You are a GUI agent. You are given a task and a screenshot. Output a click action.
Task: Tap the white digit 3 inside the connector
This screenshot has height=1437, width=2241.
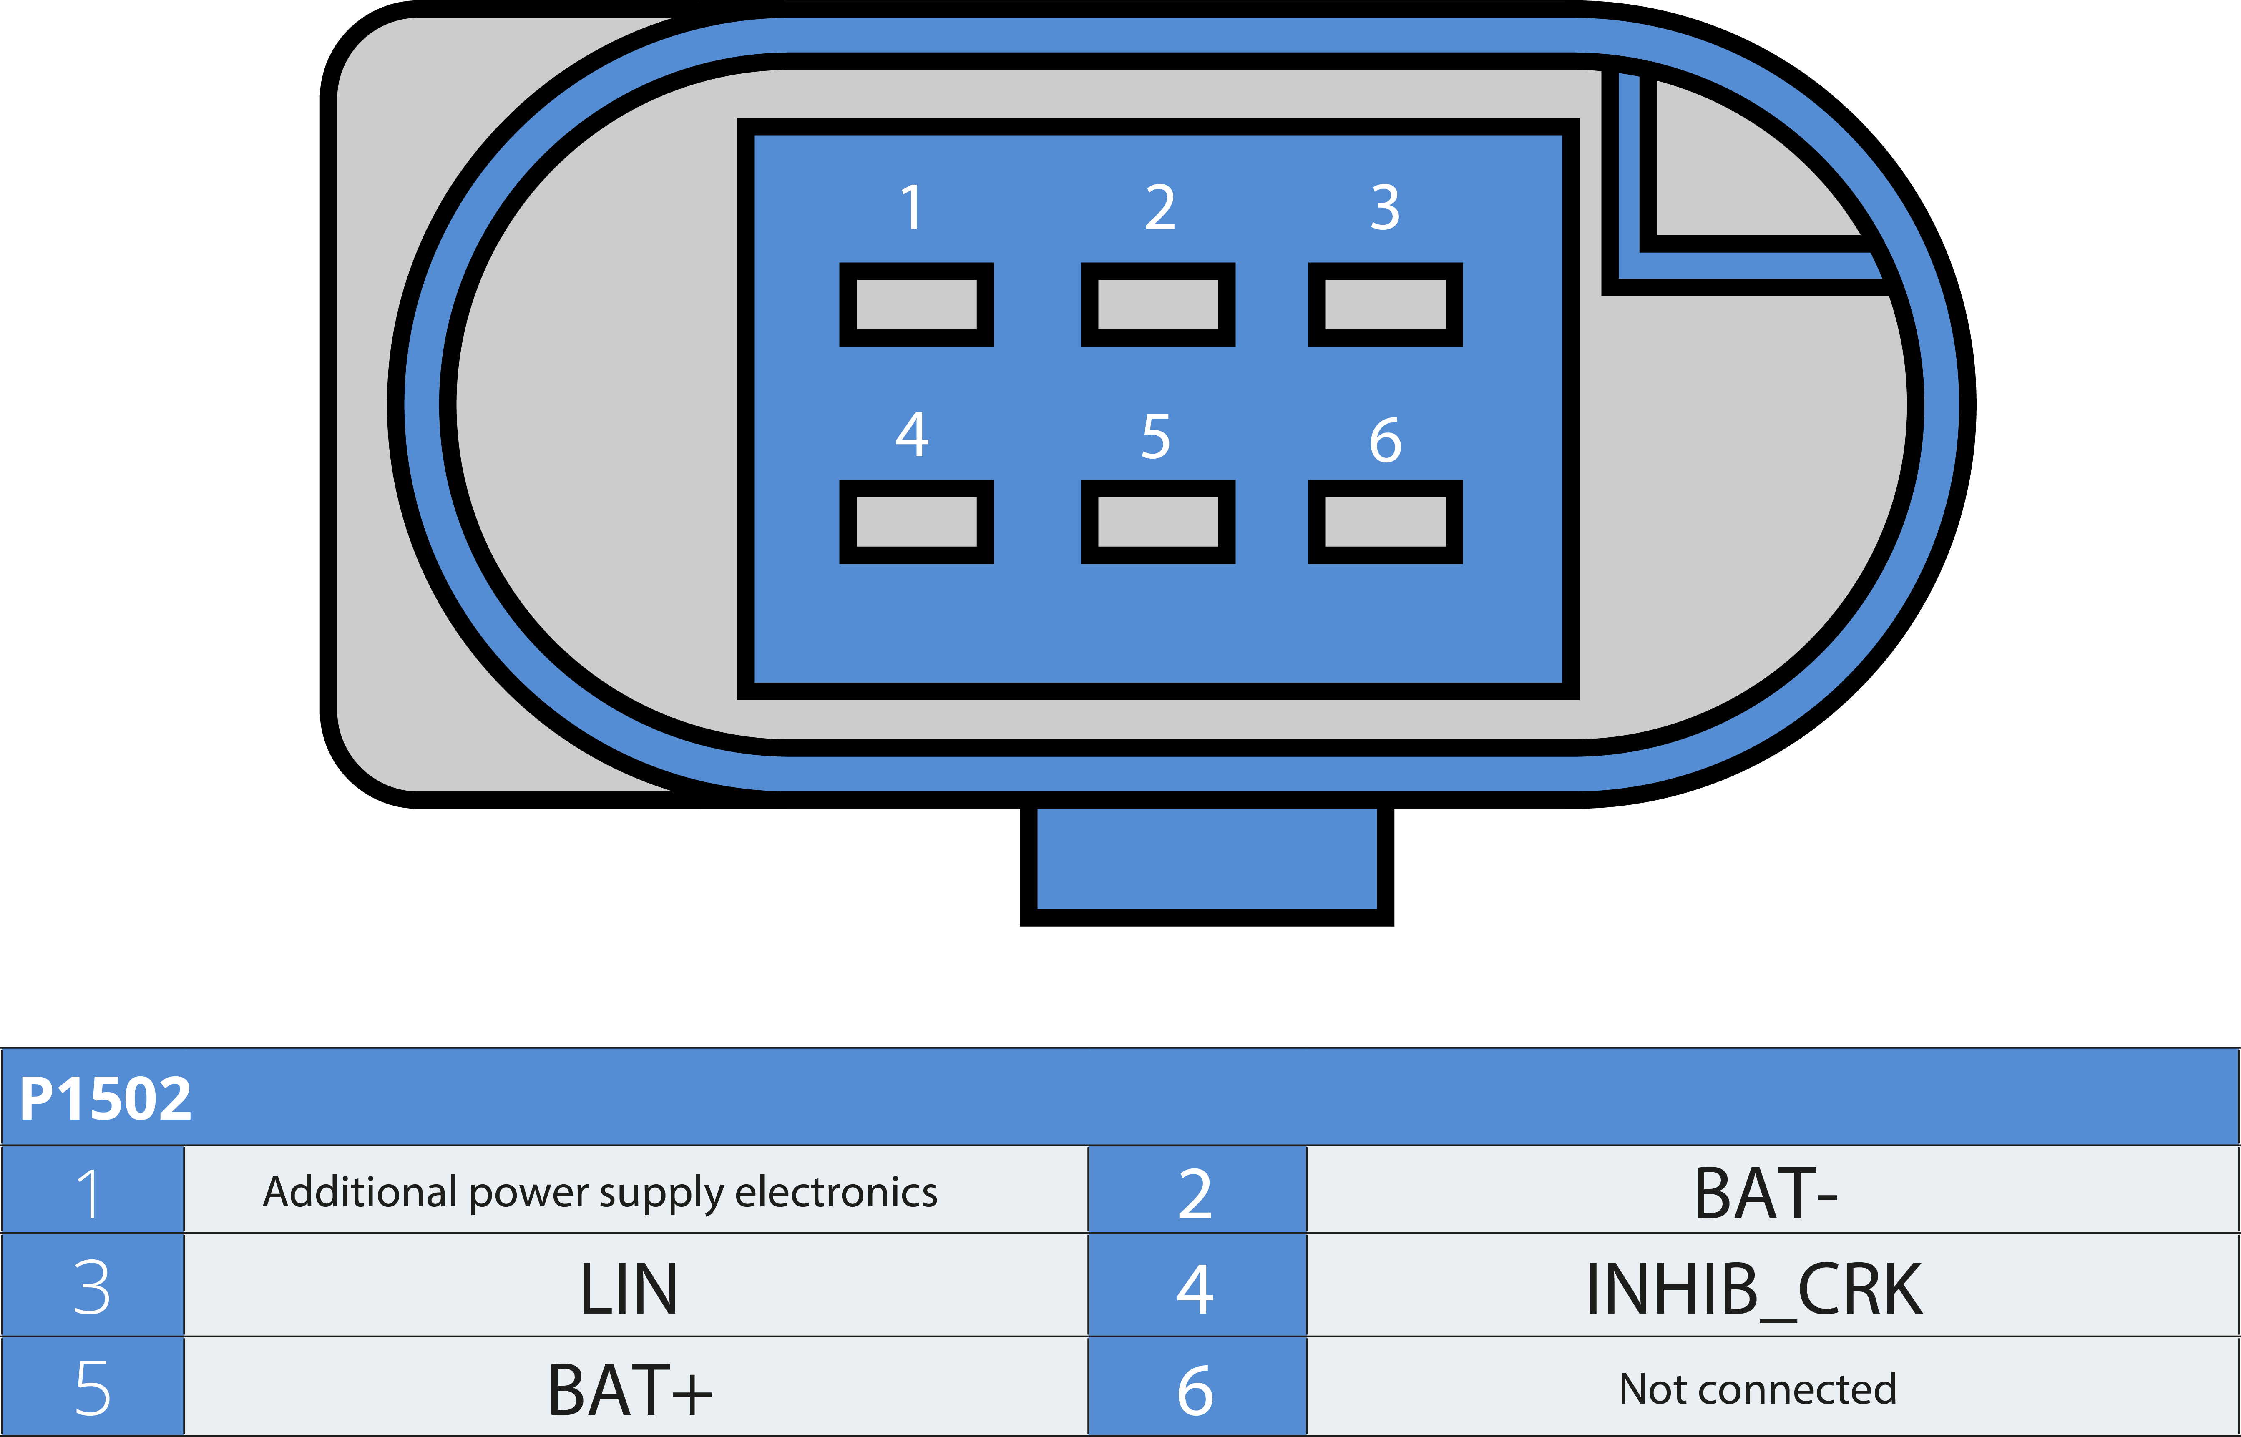[x=1385, y=207]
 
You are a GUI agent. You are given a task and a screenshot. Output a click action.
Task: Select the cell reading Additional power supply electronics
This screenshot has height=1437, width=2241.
[x=600, y=1191]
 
